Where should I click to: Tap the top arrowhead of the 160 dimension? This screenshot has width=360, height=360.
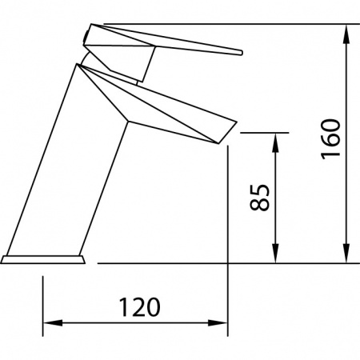[346, 33]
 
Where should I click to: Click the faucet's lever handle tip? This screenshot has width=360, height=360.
[238, 52]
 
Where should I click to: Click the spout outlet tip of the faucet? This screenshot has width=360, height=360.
[232, 130]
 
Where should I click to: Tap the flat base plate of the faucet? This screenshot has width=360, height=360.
[43, 259]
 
